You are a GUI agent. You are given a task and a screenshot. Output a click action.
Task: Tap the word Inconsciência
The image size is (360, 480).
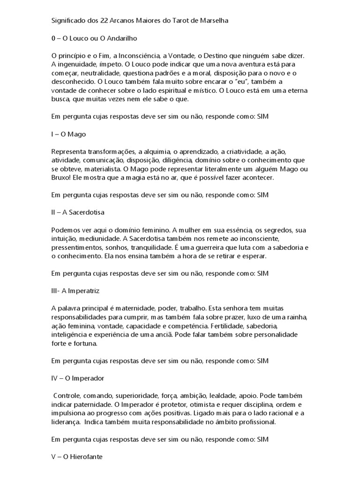tap(135, 55)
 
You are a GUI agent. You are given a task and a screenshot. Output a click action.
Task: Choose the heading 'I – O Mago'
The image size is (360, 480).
tap(69, 134)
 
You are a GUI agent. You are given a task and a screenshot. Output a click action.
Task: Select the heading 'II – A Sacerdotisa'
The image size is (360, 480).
tap(77, 212)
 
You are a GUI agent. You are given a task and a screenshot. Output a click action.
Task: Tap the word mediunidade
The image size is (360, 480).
tap(94, 238)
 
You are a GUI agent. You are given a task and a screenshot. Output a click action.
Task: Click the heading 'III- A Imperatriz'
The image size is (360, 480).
tap(75, 291)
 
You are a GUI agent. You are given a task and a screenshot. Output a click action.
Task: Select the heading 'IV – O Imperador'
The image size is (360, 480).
tap(77, 378)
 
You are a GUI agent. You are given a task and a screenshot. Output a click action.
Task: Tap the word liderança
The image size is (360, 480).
tap(66, 421)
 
